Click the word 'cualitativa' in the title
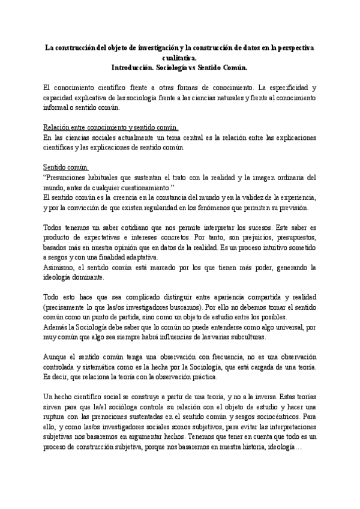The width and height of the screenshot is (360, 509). tap(179, 59)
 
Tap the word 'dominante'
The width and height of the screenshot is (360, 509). tap(88, 277)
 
